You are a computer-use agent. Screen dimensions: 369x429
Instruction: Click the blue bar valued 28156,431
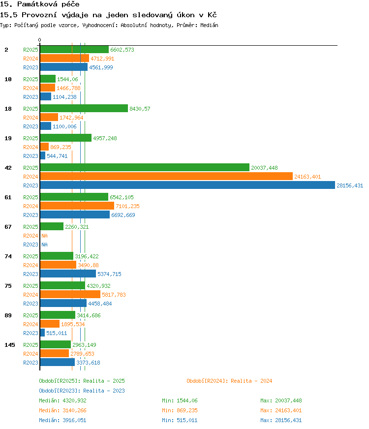187,185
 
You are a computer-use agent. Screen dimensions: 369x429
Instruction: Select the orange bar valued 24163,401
166,177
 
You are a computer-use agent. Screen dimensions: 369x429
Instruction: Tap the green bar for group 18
84,108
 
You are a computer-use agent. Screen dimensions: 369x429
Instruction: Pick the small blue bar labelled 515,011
42,333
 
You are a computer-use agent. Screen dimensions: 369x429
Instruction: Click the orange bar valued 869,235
44,147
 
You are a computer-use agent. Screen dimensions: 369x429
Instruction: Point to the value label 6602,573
122,50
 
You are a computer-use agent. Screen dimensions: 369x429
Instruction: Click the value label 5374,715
109,274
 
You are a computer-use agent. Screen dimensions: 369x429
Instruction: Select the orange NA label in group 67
44,236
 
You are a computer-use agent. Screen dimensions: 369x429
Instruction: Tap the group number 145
10,345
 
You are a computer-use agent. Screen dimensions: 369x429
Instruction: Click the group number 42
8,168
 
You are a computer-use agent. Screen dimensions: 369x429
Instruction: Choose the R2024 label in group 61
31,206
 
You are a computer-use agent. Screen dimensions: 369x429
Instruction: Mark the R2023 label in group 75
31,304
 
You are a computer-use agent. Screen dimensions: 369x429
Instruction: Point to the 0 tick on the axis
40,40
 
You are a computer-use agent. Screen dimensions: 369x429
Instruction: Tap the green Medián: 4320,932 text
62,400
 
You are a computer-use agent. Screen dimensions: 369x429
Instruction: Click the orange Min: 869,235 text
180,410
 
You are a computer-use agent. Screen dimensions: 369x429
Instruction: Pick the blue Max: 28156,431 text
281,420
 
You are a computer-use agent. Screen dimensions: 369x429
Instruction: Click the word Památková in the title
37,4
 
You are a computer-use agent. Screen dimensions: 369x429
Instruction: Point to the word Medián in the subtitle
209,25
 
